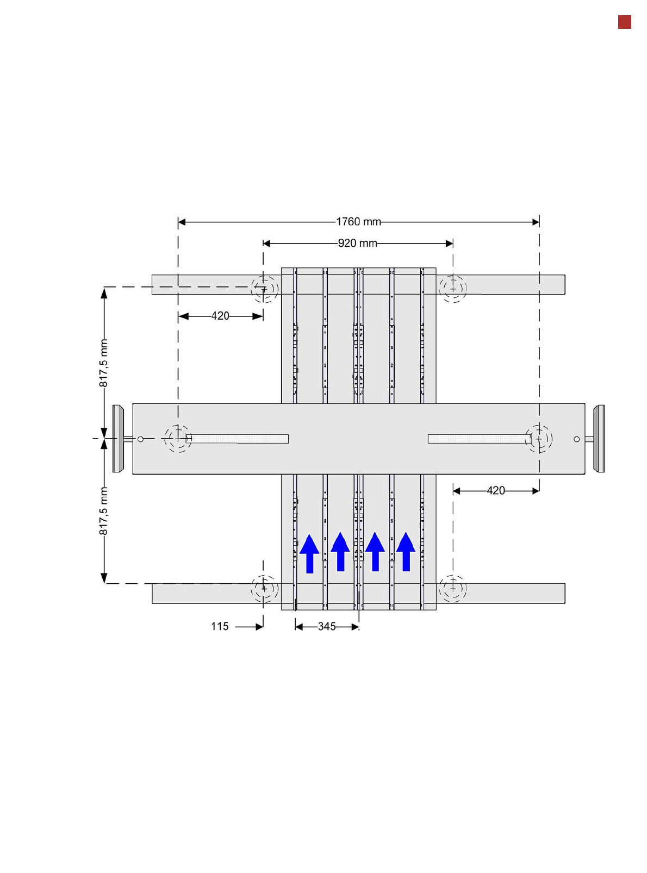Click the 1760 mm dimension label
point(358,222)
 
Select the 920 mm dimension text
point(357,243)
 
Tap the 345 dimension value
point(326,626)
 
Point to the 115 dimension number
point(219,626)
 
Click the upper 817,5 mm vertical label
point(103,363)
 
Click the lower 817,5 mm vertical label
point(103,511)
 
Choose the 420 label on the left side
point(220,316)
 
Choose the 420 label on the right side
point(495,490)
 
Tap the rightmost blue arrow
point(406,551)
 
